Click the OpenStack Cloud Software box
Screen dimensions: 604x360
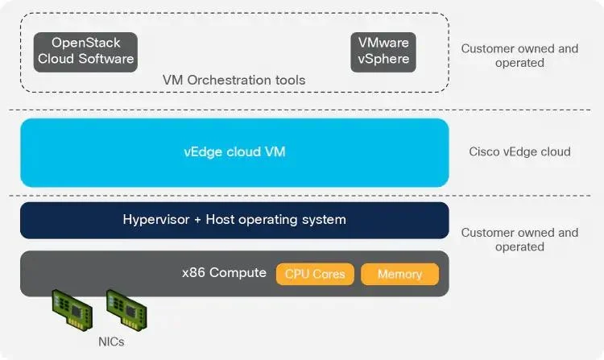coord(85,52)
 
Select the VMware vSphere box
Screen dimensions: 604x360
coord(383,52)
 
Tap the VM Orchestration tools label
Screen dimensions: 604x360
coord(234,80)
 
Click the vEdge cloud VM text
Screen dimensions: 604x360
coord(234,151)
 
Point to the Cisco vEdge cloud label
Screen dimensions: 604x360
coord(519,151)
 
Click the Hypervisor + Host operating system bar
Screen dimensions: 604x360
coord(234,220)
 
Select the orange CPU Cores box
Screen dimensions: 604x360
coord(315,274)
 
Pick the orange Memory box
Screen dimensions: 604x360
coord(399,274)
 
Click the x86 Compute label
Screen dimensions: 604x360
coord(224,272)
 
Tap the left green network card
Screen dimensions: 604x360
coord(72,309)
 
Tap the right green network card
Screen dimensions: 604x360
coord(126,309)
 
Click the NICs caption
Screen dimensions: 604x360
coord(111,342)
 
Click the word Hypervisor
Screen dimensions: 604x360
coord(156,220)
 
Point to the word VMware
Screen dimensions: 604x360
coord(383,43)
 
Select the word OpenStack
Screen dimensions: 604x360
coord(86,43)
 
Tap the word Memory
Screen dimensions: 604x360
coord(399,274)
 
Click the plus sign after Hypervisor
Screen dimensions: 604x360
coord(197,220)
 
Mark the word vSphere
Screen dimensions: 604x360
coord(383,59)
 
